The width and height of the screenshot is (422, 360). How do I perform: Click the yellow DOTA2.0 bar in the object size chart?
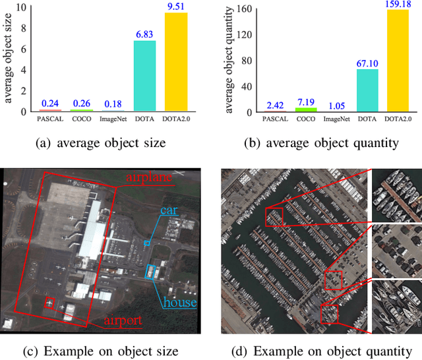coord(176,63)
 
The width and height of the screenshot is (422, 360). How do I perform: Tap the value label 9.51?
coord(176,7)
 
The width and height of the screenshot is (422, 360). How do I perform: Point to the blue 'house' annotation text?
coord(180,302)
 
